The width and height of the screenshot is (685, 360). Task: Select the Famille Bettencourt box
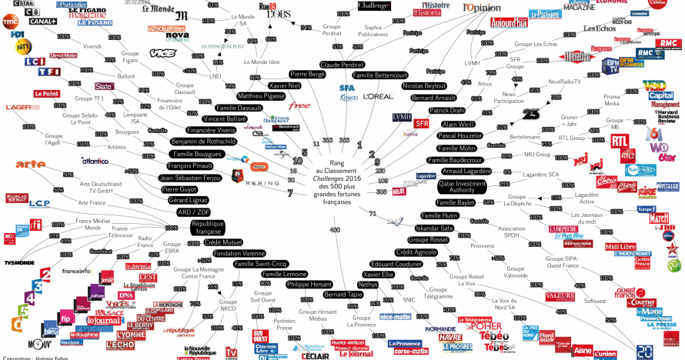click(x=380, y=75)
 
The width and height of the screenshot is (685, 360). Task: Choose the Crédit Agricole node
click(x=416, y=252)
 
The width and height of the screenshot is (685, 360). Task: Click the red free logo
click(x=299, y=106)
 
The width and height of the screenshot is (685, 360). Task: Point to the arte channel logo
click(x=31, y=163)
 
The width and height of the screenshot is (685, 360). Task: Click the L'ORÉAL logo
click(x=379, y=96)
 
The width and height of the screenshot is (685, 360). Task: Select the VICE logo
click(x=162, y=53)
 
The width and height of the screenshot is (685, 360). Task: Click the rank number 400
click(x=335, y=229)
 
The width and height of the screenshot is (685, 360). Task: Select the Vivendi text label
click(x=92, y=47)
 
